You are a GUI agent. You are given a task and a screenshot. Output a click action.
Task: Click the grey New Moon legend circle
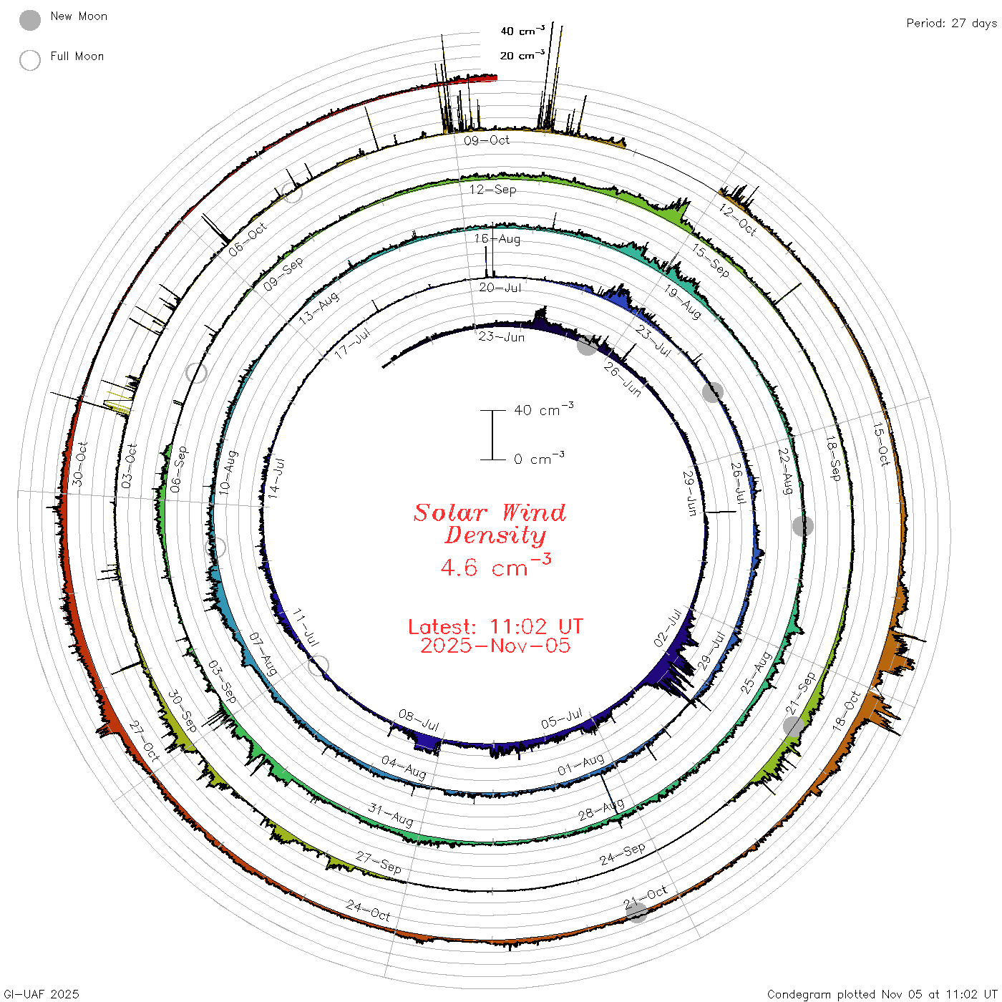click(29, 20)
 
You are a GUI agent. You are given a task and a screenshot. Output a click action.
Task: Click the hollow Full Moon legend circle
click(29, 60)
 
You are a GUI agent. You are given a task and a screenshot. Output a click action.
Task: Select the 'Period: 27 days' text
click(952, 24)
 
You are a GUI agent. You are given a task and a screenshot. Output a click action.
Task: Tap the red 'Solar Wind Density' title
click(490, 524)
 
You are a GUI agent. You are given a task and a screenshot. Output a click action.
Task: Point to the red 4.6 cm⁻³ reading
click(495, 565)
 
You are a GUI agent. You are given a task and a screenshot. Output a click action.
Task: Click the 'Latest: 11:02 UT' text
click(495, 626)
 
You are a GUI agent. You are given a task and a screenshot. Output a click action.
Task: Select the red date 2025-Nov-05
click(495, 646)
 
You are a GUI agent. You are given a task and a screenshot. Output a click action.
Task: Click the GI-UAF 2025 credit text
click(41, 993)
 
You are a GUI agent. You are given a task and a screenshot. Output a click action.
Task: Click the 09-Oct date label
click(487, 140)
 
